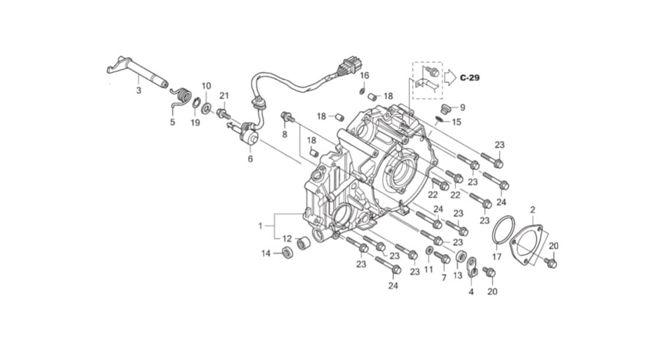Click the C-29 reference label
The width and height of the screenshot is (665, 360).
470,78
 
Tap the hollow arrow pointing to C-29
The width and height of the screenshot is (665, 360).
450,77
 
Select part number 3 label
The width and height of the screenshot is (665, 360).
138,90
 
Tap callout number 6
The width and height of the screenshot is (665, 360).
250,159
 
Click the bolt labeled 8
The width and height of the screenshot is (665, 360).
288,117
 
